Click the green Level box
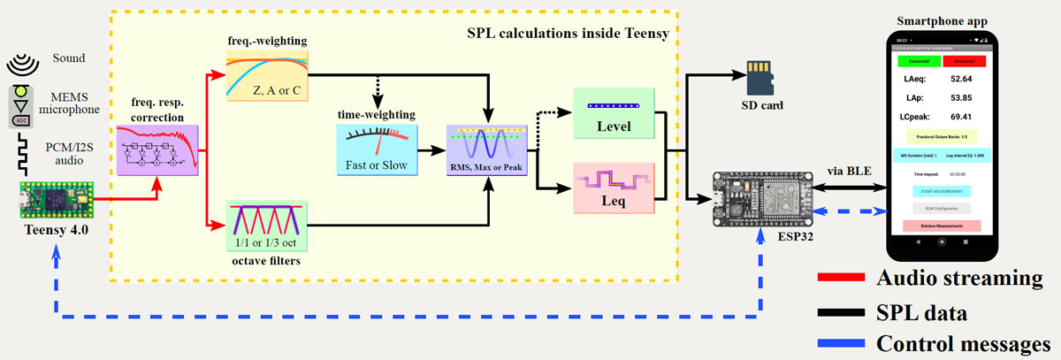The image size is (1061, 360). coord(613,112)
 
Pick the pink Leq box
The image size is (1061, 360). coord(613,188)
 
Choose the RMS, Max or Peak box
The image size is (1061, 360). coord(487,149)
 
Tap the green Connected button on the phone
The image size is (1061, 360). coord(918,62)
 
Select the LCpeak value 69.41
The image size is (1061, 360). coord(967,116)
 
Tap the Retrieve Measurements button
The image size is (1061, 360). coord(943,226)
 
